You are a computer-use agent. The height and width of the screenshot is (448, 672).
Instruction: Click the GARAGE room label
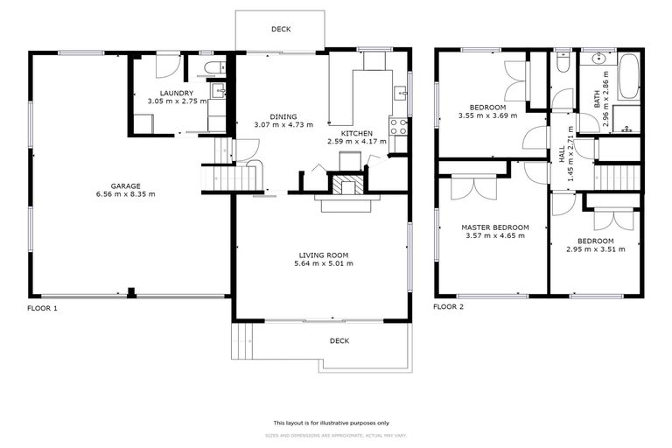[x=127, y=185]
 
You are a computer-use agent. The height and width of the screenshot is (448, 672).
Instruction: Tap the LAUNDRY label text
[x=176, y=93]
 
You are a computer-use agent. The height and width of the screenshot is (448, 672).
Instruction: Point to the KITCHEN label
[x=356, y=132]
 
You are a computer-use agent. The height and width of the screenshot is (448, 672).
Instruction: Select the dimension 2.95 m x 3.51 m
[x=595, y=249]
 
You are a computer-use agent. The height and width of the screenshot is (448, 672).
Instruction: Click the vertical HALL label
[x=563, y=154]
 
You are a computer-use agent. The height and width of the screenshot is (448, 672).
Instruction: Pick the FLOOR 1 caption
[x=43, y=308]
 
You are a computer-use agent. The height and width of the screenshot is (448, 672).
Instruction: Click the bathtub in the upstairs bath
[x=628, y=77]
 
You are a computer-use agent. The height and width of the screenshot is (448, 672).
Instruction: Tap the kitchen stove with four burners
[x=398, y=125]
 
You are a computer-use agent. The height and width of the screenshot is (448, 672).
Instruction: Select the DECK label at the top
[x=280, y=29]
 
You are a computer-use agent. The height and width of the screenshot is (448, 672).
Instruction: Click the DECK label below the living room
[x=339, y=340]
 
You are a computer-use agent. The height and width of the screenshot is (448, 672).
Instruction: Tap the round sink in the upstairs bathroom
[x=599, y=60]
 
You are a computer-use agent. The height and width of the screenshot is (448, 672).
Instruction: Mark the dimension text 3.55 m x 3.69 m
[x=488, y=115]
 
